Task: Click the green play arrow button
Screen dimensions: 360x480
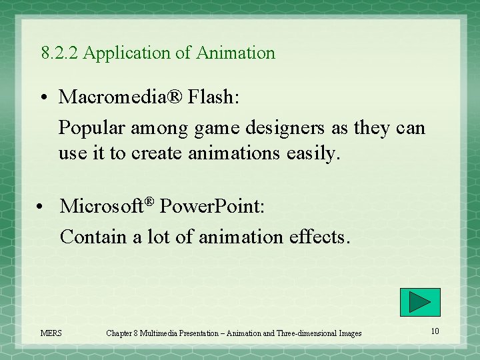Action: pos(420,302)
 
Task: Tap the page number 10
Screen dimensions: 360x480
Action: pos(435,331)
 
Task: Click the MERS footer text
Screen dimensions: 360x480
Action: pos(51,333)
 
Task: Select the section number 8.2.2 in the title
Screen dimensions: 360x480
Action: pos(60,53)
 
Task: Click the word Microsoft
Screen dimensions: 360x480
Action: pos(102,207)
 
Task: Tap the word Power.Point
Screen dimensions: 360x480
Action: pos(212,207)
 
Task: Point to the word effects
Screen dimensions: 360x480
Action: pos(318,237)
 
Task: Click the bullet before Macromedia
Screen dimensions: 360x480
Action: pos(42,98)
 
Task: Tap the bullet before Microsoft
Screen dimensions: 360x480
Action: pos(42,207)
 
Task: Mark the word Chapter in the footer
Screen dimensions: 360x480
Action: pos(121,333)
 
